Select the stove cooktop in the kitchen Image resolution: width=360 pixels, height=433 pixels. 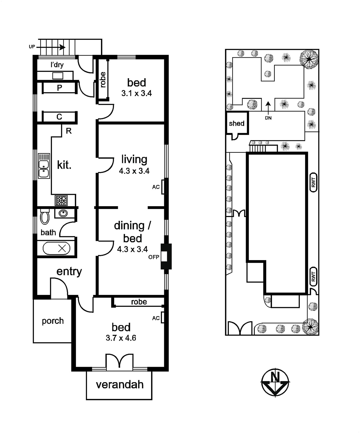pyautogui.click(x=61, y=201)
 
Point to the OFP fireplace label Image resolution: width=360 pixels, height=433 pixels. pyautogui.click(x=154, y=257)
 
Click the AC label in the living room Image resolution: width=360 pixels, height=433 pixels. pyautogui.click(x=156, y=187)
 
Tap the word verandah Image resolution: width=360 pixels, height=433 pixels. pyautogui.click(x=120, y=385)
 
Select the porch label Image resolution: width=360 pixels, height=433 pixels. pyautogui.click(x=53, y=321)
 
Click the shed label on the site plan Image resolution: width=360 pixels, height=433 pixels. pyautogui.click(x=236, y=123)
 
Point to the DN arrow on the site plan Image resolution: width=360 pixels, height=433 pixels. pyautogui.click(x=268, y=107)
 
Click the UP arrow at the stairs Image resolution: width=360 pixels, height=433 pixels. pyautogui.click(x=51, y=47)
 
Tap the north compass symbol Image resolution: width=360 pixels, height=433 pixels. pyautogui.click(x=275, y=382)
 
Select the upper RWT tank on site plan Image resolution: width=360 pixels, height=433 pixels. pyautogui.click(x=313, y=182)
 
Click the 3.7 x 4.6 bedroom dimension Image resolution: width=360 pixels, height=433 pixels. pyautogui.click(x=121, y=338)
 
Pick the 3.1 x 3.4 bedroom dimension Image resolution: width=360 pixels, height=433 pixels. pyautogui.click(x=137, y=93)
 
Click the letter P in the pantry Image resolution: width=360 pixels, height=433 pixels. pyautogui.click(x=59, y=88)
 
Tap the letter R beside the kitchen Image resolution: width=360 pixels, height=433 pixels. pyautogui.click(x=69, y=131)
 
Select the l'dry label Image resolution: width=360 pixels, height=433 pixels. pyautogui.click(x=57, y=65)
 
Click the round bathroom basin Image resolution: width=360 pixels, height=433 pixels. pyautogui.click(x=63, y=213)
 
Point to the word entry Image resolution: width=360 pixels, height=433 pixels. pyautogui.click(x=69, y=271)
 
